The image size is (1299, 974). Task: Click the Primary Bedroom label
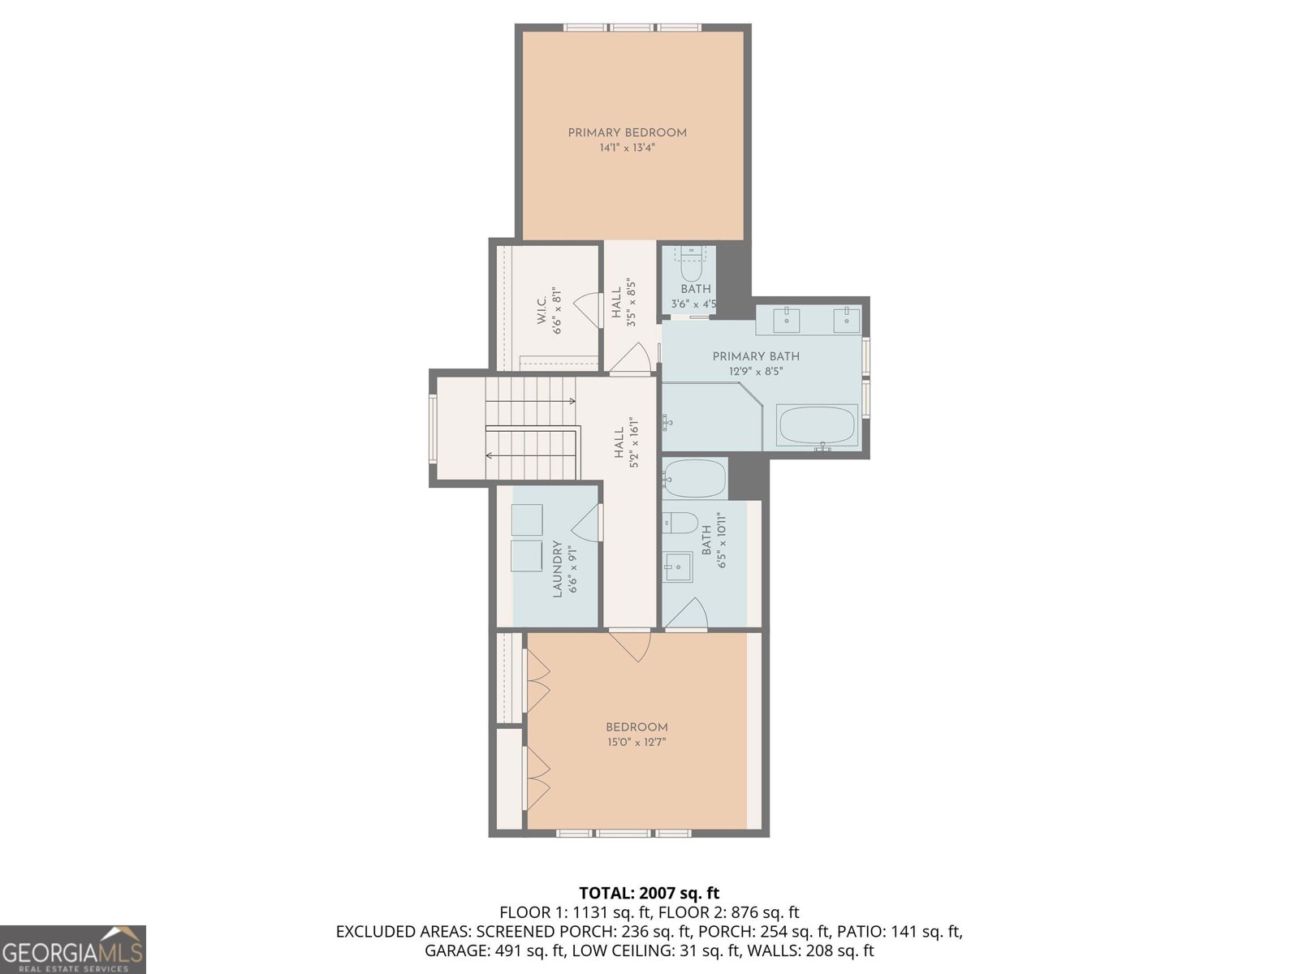pyautogui.click(x=627, y=132)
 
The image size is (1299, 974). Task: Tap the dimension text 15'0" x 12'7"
pyautogui.click(x=637, y=742)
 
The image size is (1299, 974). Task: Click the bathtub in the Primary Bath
pyautogui.click(x=817, y=425)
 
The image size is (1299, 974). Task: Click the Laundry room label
pyautogui.click(x=558, y=570)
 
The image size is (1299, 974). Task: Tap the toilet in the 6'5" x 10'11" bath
pyautogui.click(x=681, y=523)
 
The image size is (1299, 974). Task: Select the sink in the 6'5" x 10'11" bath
pyautogui.click(x=677, y=567)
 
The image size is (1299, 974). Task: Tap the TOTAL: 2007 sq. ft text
pyautogui.click(x=649, y=894)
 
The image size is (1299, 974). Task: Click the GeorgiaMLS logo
pyautogui.click(x=73, y=949)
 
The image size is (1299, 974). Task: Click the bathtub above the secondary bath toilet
pyautogui.click(x=694, y=479)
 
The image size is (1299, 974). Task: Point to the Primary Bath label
pyautogui.click(x=756, y=356)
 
